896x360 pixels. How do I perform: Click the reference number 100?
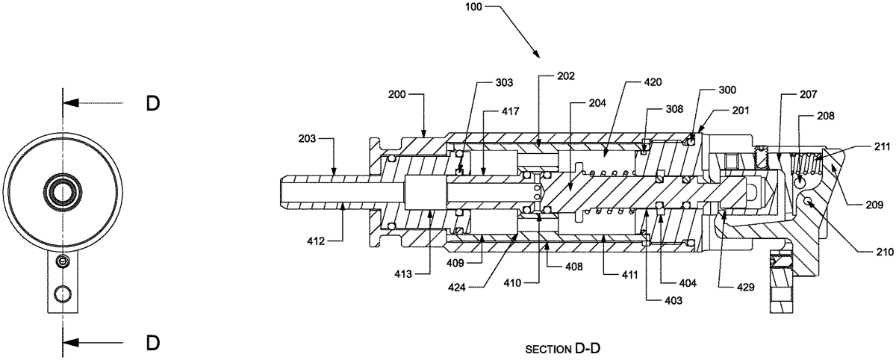(x=473, y=7)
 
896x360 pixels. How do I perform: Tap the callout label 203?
(x=307, y=139)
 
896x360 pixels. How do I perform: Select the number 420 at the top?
(x=653, y=82)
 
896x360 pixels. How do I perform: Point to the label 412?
(x=316, y=241)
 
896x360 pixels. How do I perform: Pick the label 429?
(x=746, y=287)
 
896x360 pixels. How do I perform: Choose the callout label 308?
(x=674, y=109)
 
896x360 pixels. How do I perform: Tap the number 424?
(x=457, y=288)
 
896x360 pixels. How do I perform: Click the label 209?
(x=874, y=205)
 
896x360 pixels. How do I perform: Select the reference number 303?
(x=504, y=82)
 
